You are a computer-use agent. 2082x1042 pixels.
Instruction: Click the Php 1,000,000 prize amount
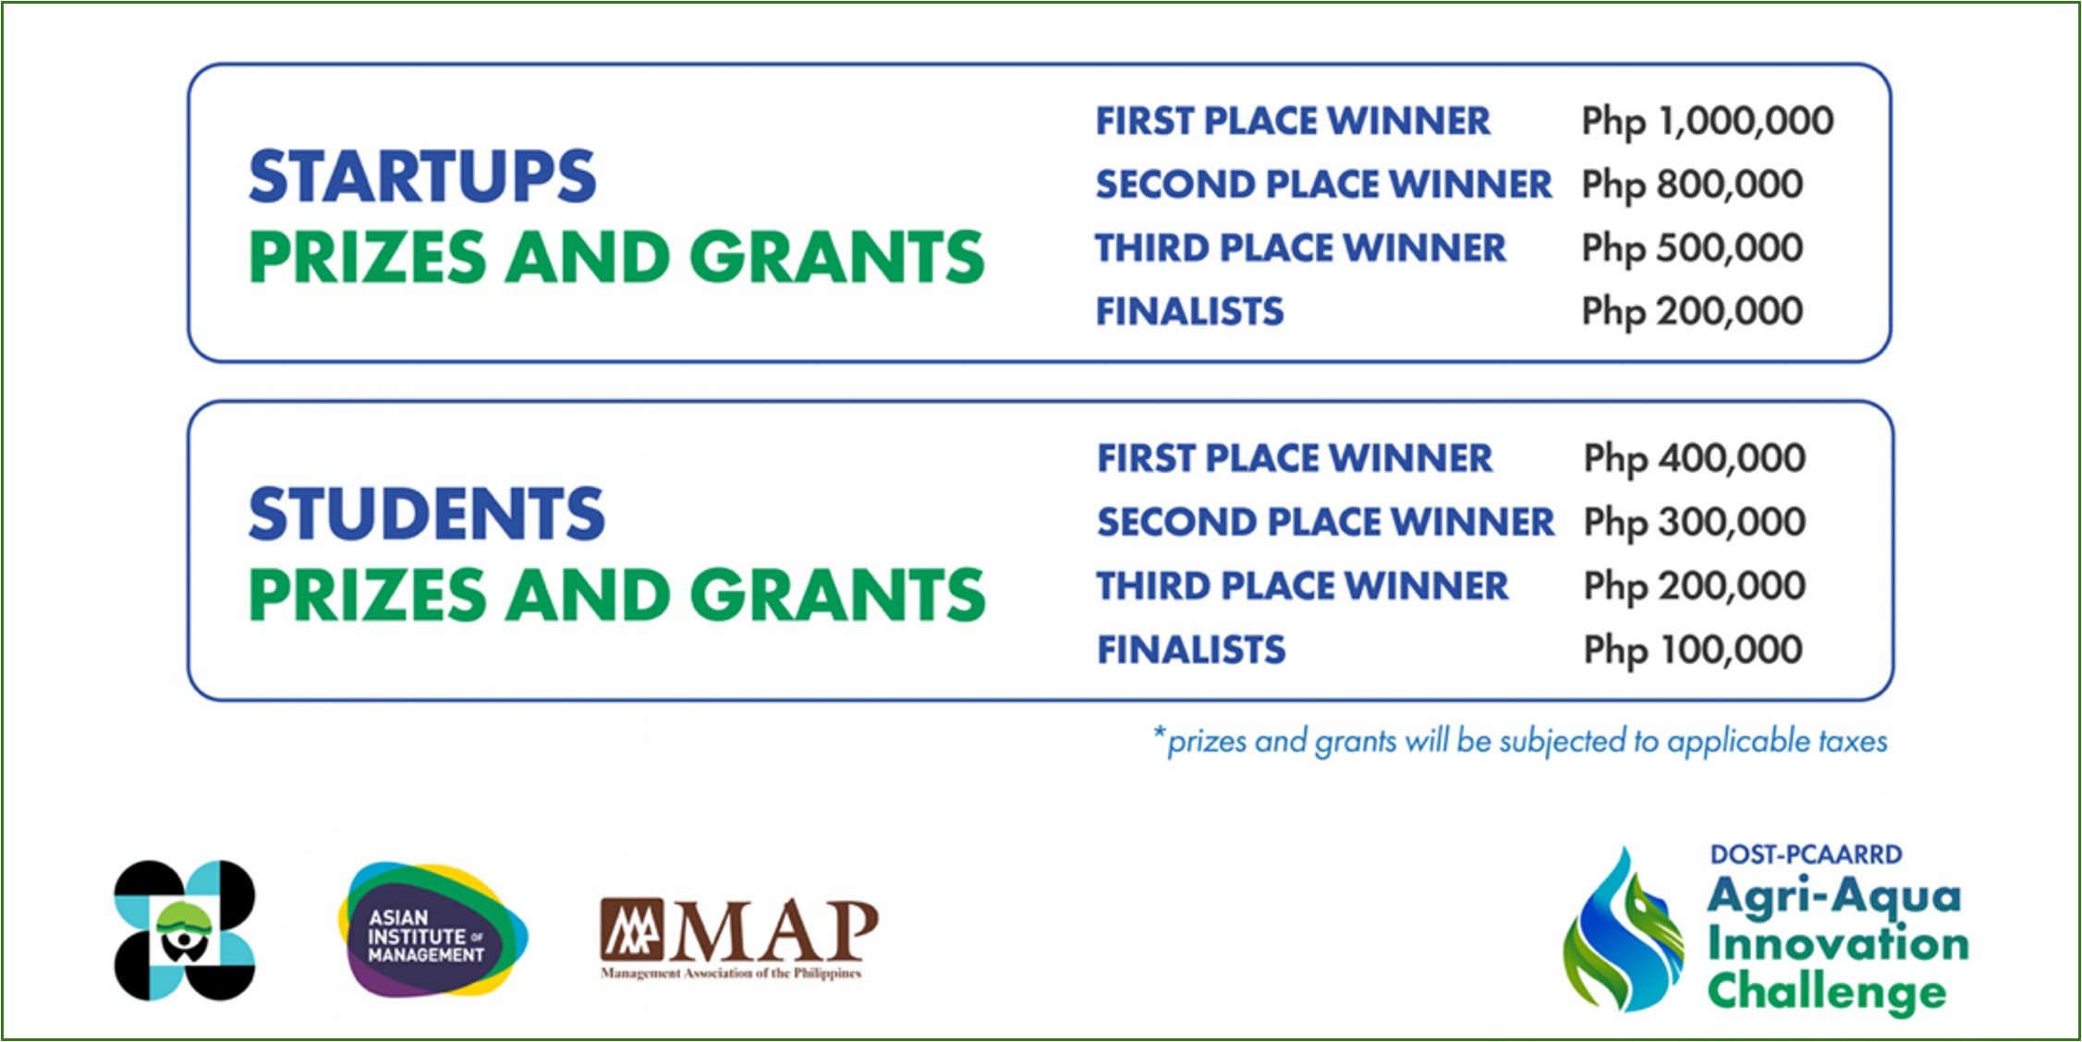point(1707,122)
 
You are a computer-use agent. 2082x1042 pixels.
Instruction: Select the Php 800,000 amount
point(1692,186)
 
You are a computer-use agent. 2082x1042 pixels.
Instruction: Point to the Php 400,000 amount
point(1694,459)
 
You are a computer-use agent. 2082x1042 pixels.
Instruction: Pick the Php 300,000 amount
point(1694,523)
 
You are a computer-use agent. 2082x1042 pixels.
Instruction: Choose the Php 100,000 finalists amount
point(1693,650)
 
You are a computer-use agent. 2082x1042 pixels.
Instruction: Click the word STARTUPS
point(422,176)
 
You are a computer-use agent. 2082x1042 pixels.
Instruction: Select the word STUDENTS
point(426,514)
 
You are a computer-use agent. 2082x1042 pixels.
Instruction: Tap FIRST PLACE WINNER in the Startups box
point(1293,121)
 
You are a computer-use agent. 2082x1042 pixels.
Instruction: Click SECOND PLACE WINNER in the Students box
point(1326,522)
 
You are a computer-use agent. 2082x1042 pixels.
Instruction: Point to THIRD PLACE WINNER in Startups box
point(1301,248)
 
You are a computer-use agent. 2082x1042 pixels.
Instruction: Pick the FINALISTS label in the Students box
point(1191,649)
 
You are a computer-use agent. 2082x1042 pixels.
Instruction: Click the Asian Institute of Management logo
point(432,930)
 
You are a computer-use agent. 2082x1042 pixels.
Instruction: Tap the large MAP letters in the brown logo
point(773,931)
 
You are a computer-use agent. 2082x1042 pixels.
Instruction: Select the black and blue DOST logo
point(184,930)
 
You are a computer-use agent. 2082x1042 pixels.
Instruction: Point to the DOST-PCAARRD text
point(1806,854)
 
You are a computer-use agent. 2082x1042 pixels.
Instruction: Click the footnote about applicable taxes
point(1520,742)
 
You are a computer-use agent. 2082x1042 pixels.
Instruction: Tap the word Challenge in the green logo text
point(1827,993)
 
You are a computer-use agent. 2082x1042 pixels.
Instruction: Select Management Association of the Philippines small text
point(731,974)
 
